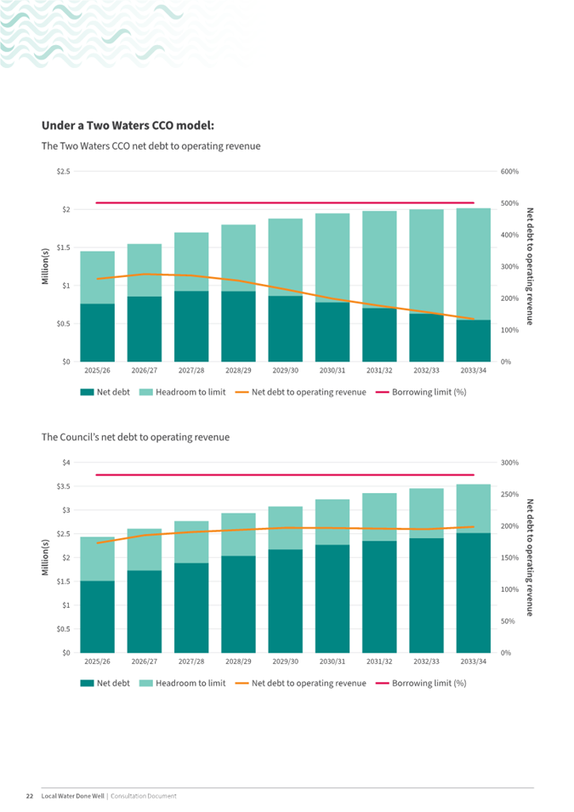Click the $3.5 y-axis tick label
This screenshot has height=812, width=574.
pos(60,486)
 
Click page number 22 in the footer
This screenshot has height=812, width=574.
pos(28,796)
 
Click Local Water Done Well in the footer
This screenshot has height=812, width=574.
pos(72,796)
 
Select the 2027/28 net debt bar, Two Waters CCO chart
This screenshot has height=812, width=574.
pos(191,327)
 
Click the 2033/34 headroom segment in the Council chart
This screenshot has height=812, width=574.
pos(473,508)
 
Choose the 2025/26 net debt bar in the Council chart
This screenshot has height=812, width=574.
pos(98,616)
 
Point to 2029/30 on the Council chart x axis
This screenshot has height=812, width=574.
pos(285,661)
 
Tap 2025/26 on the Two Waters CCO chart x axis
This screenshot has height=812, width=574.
pos(98,370)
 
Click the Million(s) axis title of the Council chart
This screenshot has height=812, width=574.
pos(46,558)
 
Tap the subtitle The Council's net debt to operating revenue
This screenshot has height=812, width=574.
pos(135,437)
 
